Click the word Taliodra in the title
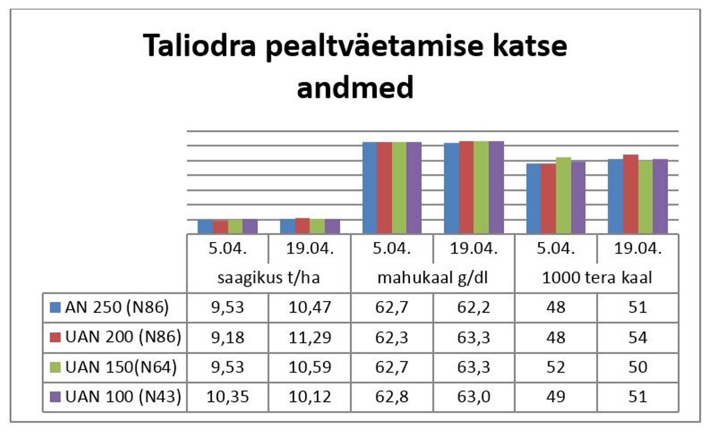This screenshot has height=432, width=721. [x=199, y=45]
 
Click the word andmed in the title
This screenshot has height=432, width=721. [x=355, y=87]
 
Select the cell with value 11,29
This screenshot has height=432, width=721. [x=310, y=337]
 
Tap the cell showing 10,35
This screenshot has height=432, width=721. [x=228, y=397]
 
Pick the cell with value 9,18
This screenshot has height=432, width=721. [x=228, y=337]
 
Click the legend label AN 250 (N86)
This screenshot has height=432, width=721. [x=117, y=307]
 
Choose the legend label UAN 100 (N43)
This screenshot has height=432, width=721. [x=123, y=397]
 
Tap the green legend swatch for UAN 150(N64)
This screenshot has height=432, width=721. [x=55, y=367]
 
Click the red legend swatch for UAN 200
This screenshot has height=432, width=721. [x=55, y=337]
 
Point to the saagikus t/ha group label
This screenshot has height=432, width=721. [x=268, y=278]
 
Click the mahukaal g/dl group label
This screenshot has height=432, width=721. [x=432, y=278]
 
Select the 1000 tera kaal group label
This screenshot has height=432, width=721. [x=597, y=278]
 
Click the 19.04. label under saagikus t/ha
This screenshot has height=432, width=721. [x=310, y=249]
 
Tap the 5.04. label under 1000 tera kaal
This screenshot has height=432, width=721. [x=556, y=249]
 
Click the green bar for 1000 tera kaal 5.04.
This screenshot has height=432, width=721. [x=563, y=195]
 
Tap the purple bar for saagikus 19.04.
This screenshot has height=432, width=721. [x=332, y=226]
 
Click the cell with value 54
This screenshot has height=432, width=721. [x=638, y=337]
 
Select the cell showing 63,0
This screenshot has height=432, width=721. [x=474, y=397]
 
